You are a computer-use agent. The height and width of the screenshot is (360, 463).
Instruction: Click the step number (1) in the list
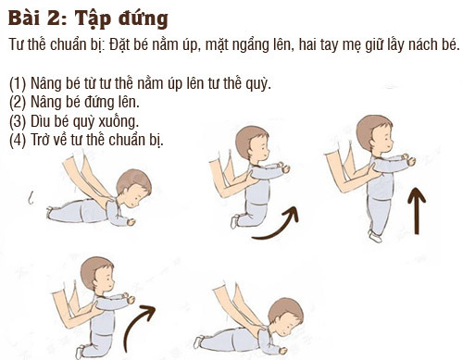coord(18,83)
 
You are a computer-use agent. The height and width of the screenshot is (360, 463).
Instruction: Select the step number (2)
coord(18,103)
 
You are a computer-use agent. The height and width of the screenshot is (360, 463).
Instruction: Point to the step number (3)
coord(18,121)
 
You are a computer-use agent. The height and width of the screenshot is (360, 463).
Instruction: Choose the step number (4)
coord(18,140)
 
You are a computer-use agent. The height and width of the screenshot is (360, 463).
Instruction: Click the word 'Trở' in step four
coord(41,140)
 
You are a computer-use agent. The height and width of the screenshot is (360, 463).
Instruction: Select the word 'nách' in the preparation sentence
coord(422,44)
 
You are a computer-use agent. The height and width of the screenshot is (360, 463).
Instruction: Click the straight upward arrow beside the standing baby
coord(417,211)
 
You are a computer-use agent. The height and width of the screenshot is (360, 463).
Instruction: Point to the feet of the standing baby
coord(375,236)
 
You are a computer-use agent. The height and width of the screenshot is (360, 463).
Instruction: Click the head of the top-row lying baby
coord(134,188)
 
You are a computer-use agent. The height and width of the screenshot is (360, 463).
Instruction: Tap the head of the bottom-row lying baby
coord(286,317)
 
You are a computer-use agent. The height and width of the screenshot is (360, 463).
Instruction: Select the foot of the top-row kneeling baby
coord(234,221)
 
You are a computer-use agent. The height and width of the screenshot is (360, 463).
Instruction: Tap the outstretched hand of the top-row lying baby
coord(131,222)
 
